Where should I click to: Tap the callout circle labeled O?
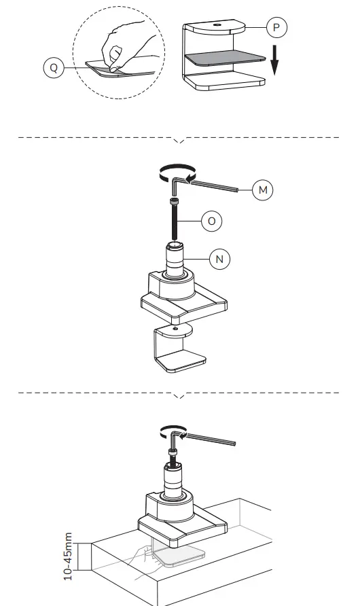(x=211, y=221)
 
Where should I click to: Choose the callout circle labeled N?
(x=219, y=259)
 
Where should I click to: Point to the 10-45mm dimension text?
(x=68, y=556)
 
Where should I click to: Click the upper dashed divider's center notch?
(x=179, y=141)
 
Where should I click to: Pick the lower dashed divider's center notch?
(x=179, y=395)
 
